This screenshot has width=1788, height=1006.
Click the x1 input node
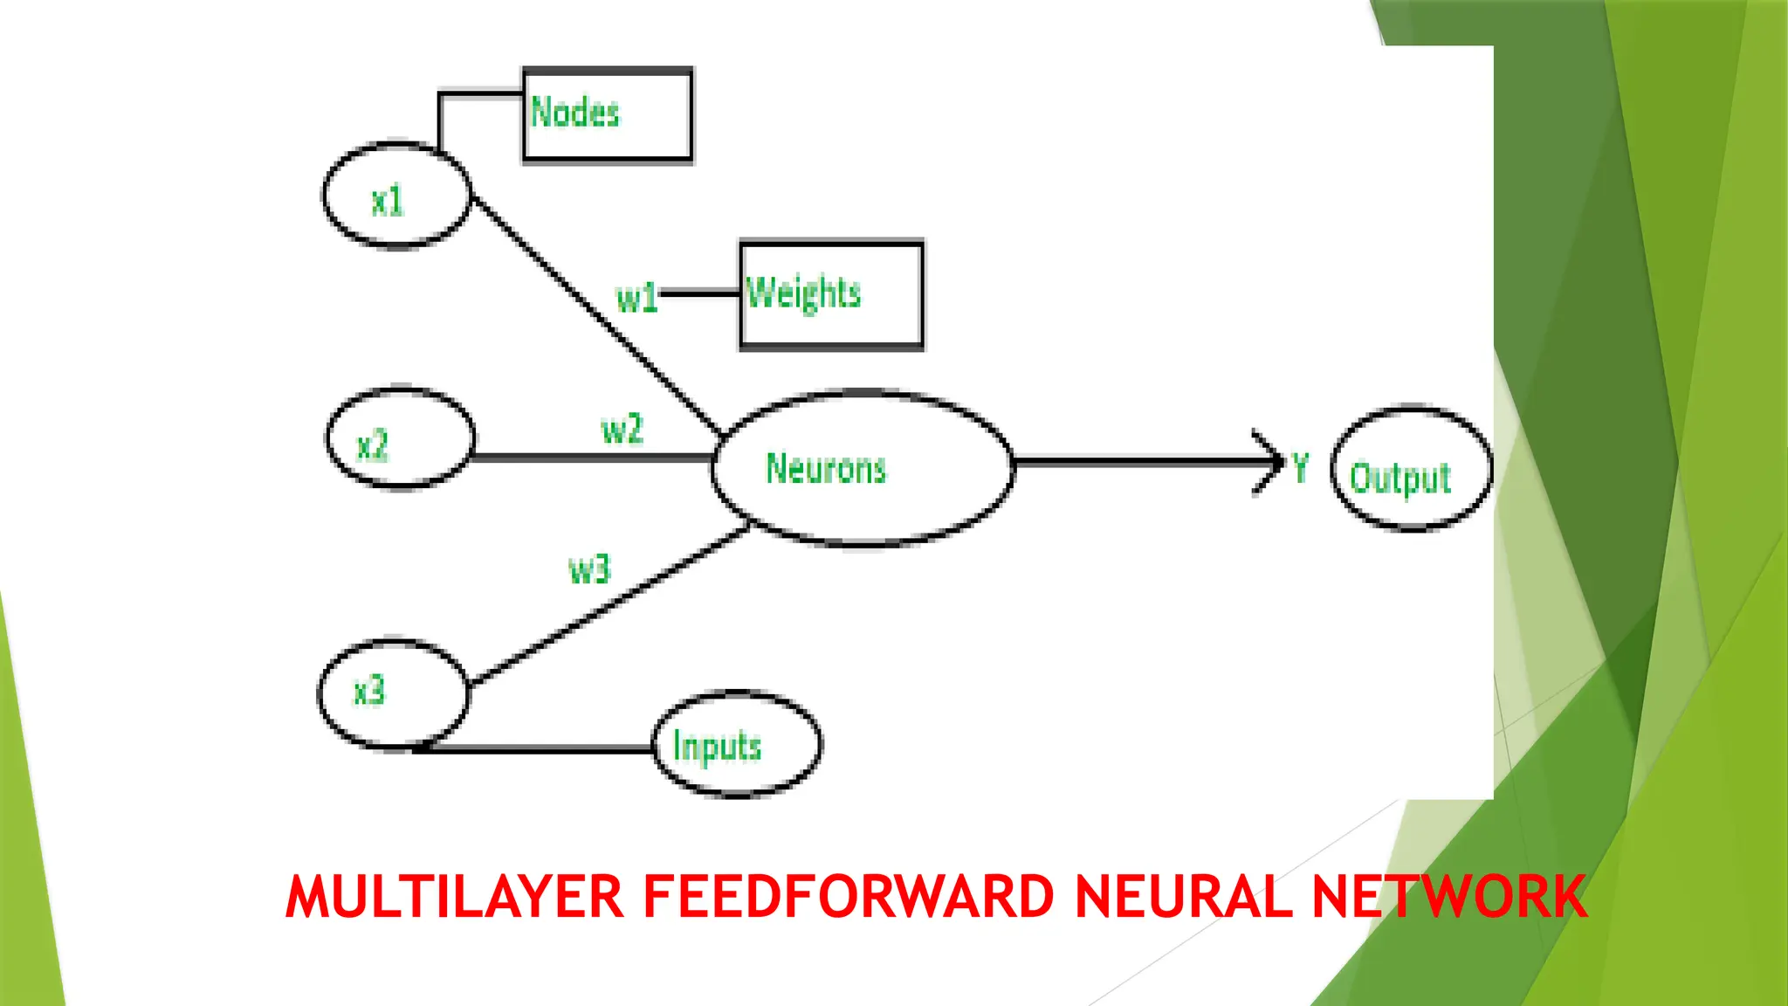tap(396, 196)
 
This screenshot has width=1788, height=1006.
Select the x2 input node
tap(400, 438)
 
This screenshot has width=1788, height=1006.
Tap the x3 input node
tap(393, 693)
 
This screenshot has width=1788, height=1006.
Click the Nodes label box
tap(608, 115)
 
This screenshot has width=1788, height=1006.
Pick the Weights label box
tap(831, 295)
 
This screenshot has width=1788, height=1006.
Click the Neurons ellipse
tap(863, 468)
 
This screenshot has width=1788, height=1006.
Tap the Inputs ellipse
tap(737, 745)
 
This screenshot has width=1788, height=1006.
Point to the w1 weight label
tap(636, 299)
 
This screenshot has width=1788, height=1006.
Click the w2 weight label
tap(622, 430)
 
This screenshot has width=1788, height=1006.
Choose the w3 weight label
tap(589, 570)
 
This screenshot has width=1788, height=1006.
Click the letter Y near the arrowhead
tap(1301, 468)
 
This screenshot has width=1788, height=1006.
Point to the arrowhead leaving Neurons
tap(1270, 462)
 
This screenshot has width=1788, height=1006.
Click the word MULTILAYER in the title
tap(454, 898)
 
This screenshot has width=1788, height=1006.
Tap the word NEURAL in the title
tap(1183, 898)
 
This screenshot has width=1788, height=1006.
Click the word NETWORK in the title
tap(1449, 898)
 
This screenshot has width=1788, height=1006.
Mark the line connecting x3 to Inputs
tap(537, 749)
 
